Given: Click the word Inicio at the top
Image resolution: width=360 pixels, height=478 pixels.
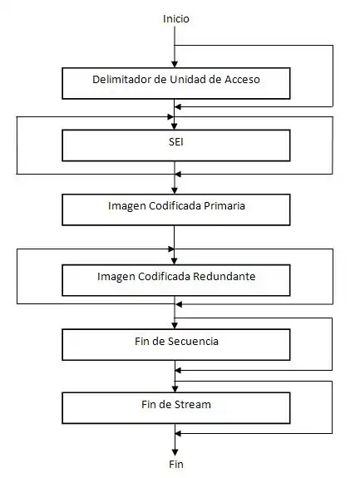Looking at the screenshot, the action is pos(176,19).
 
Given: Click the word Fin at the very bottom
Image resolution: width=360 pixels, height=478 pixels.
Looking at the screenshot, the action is pos(176,464).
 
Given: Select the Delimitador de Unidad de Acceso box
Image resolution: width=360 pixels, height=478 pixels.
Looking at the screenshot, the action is pos(176,83).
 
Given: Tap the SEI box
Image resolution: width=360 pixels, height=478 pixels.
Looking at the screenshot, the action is pos(176,145).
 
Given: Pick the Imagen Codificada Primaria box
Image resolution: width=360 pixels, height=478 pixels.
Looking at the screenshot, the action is pos(176,209).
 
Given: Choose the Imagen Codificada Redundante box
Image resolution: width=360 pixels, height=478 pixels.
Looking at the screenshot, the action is pos(176,280).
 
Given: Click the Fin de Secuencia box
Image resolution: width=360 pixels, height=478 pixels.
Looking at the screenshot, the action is pos(176,344).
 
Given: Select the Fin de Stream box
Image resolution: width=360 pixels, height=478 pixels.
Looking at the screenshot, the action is pos(176,408).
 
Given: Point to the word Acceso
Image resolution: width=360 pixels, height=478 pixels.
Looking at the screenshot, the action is pos(242,79).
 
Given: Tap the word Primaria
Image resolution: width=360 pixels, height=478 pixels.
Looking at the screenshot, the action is pos(224,206).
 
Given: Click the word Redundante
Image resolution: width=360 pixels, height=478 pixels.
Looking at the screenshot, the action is pos(224,276).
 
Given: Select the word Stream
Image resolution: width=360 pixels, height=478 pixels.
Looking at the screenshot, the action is pos(193,405).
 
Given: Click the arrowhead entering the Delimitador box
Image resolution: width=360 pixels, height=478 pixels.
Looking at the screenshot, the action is pos(175,64).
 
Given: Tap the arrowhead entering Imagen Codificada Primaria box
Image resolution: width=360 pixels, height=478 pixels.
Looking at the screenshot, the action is pos(175,190).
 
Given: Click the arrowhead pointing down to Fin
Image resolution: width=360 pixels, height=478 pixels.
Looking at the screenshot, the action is pos(175,452).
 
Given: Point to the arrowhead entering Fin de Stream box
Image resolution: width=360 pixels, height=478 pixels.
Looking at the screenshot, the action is pos(175,389).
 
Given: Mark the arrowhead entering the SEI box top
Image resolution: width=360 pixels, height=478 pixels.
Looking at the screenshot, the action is pos(175,126).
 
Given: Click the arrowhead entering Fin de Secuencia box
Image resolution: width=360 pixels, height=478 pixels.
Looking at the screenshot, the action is pos(175,326).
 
